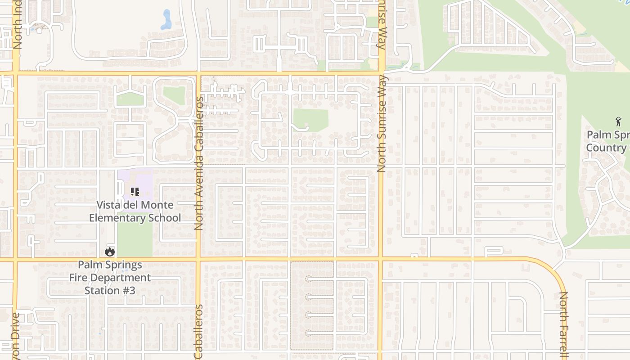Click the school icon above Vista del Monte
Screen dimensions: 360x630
[135, 192]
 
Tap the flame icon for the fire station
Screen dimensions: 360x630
[110, 252]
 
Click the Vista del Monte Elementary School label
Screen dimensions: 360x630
[135, 211]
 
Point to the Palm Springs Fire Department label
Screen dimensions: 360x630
[110, 271]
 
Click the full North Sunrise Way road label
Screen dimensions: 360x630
[382, 124]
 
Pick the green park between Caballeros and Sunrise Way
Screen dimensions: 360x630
[310, 120]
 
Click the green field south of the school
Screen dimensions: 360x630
[134, 239]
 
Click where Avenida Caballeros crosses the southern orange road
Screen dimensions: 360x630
[198, 259]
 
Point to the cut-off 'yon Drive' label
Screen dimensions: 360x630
[16, 335]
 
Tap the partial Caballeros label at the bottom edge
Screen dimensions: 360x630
[199, 332]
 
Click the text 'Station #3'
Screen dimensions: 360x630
[110, 291]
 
